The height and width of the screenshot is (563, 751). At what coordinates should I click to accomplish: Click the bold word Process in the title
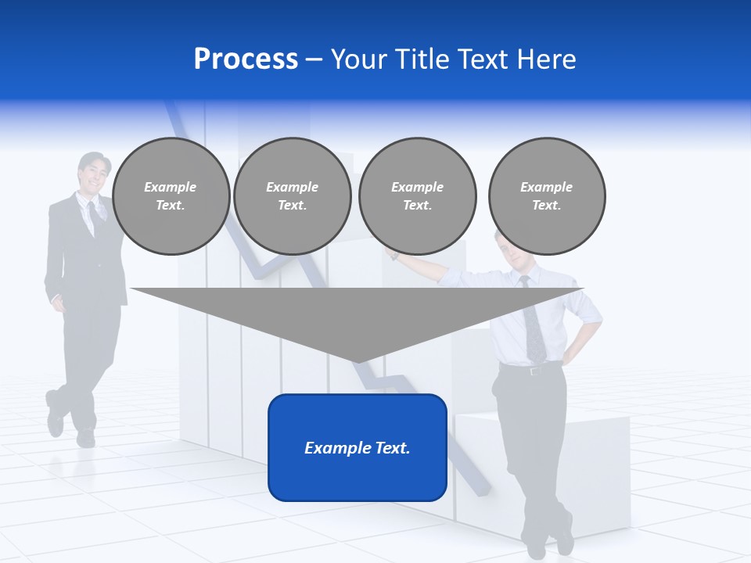[x=246, y=59]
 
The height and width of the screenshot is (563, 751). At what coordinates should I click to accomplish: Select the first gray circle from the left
[x=171, y=195]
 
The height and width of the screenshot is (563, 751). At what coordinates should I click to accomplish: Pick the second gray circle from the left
[x=292, y=195]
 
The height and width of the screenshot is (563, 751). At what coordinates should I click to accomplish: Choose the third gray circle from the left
[x=417, y=195]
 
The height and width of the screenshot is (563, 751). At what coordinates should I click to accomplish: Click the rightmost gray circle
[x=546, y=195]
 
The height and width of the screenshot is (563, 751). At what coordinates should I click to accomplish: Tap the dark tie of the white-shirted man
[x=534, y=328]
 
